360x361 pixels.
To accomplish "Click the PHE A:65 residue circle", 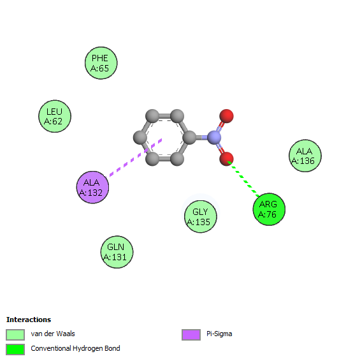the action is pos(101,63).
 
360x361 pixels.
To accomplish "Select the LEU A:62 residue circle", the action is pos(55,116).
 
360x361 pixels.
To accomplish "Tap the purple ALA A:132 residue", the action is pos(92,187).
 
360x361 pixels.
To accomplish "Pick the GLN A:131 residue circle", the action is pos(117,252).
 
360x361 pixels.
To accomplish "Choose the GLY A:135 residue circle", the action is pos(201,216).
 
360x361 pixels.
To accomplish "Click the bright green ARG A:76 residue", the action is pos(269,209).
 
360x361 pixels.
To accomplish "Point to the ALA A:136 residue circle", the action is pos(305,156).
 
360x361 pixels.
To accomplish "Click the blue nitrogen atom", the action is pos(214,137).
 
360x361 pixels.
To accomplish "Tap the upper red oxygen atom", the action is pos(226,116).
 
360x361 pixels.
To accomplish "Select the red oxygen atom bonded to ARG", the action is pos(226,159).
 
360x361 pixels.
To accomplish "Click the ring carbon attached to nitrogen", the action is pos(189,137).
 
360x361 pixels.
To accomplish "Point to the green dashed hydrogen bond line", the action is pos(243,179).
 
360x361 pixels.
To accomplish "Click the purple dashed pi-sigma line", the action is pos(135,158).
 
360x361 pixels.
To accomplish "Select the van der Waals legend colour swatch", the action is pos(15,334).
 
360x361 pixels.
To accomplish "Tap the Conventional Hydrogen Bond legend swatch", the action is pos(15,350).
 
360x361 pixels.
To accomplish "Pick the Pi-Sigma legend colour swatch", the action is pos(191,334).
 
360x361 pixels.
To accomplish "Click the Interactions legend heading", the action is pos(29,320).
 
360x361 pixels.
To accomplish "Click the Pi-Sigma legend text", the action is pos(219,334).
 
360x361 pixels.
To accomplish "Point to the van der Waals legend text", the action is pos(53,334).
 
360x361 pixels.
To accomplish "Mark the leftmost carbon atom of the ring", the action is pos(140,137).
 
